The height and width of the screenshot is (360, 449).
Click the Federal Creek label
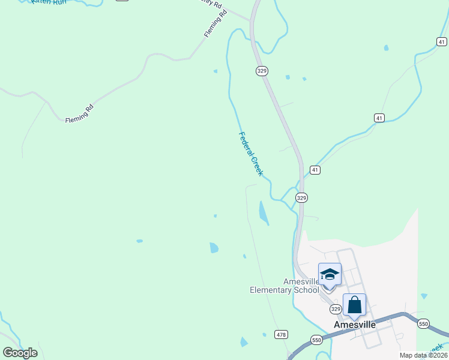pyautogui.click(x=251, y=154)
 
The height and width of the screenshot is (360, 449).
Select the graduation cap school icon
pyautogui.click(x=330, y=274)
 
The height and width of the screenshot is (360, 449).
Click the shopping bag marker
pyautogui.click(x=354, y=304)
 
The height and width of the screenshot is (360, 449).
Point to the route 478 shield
pyautogui.click(x=281, y=334)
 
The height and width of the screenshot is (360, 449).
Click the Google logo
pyautogui.click(x=20, y=353)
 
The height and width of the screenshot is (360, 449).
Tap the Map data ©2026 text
pyautogui.click(x=423, y=355)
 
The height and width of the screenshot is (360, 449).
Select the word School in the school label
pyautogui.click(x=306, y=290)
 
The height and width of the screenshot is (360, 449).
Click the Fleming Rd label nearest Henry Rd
pyautogui.click(x=215, y=24)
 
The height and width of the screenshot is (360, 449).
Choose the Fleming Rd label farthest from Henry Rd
pyautogui.click(x=80, y=113)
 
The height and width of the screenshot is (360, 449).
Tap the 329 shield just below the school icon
pyautogui.click(x=336, y=308)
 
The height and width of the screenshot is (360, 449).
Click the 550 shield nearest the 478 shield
pyautogui.click(x=316, y=340)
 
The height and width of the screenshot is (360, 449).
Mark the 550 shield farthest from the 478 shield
pyautogui.click(x=424, y=323)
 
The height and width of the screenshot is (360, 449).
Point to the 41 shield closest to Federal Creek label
pyautogui.click(x=315, y=170)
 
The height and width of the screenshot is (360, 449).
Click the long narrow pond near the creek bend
pyautogui.click(x=264, y=213)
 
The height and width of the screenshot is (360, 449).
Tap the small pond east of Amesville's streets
pyautogui.click(x=424, y=296)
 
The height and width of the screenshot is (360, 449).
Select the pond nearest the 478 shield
pyautogui.click(x=244, y=342)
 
